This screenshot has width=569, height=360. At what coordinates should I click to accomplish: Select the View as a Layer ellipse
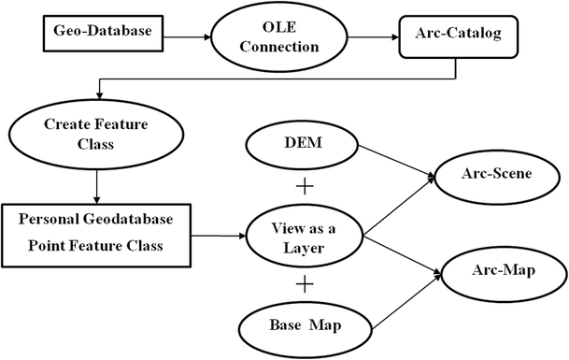tap(304, 238)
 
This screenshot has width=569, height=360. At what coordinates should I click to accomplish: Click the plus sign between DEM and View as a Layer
tap(303, 187)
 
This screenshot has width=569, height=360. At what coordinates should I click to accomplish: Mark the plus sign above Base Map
tap(303, 284)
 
